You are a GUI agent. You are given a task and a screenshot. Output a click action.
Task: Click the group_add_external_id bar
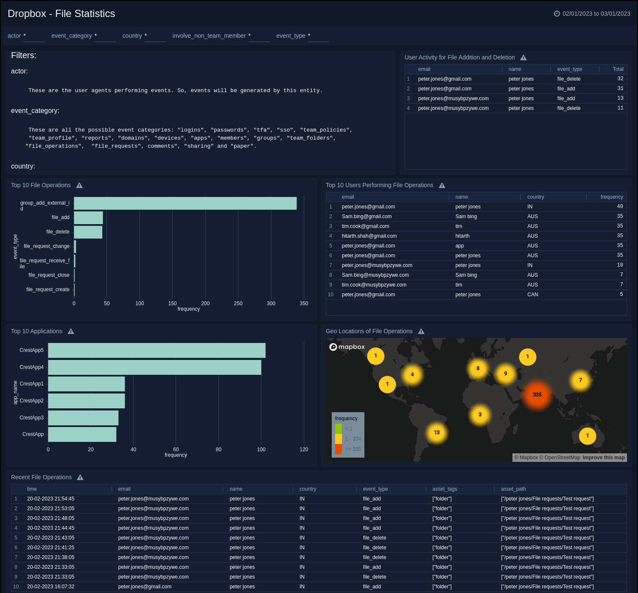click(x=185, y=203)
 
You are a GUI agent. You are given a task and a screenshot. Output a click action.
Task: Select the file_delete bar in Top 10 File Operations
click(x=88, y=232)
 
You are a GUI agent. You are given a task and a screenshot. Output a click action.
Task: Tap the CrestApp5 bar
click(x=157, y=351)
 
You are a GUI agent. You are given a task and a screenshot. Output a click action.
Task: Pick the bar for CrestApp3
click(x=83, y=418)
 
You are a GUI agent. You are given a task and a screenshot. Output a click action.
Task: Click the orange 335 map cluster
click(x=537, y=395)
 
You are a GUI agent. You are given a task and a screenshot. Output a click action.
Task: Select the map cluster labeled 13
click(x=437, y=433)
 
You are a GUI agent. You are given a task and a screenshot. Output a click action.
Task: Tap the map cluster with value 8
click(x=478, y=368)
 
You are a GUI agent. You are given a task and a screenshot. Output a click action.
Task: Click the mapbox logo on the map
click(x=347, y=347)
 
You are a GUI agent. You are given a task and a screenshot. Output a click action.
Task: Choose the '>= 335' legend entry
click(x=353, y=449)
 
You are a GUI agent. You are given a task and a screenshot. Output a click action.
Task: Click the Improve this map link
click(x=603, y=458)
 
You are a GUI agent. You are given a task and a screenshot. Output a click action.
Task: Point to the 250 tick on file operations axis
click(x=238, y=304)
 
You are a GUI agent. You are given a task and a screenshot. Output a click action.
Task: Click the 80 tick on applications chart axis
click(x=218, y=450)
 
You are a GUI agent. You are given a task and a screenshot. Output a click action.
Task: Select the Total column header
click(x=618, y=69)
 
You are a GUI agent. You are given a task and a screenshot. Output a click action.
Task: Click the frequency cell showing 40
click(x=620, y=207)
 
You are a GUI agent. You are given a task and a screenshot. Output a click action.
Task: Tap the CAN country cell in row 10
click(x=532, y=295)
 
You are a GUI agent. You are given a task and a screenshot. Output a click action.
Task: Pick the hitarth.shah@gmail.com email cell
click(x=369, y=236)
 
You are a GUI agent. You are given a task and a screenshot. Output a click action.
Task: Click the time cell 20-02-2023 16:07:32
click(x=50, y=587)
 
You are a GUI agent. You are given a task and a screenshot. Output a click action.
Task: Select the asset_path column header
click(x=513, y=489)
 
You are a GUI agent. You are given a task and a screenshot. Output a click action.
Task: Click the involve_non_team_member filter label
click(x=209, y=36)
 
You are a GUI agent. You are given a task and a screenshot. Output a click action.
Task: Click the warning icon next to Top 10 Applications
click(x=71, y=332)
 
